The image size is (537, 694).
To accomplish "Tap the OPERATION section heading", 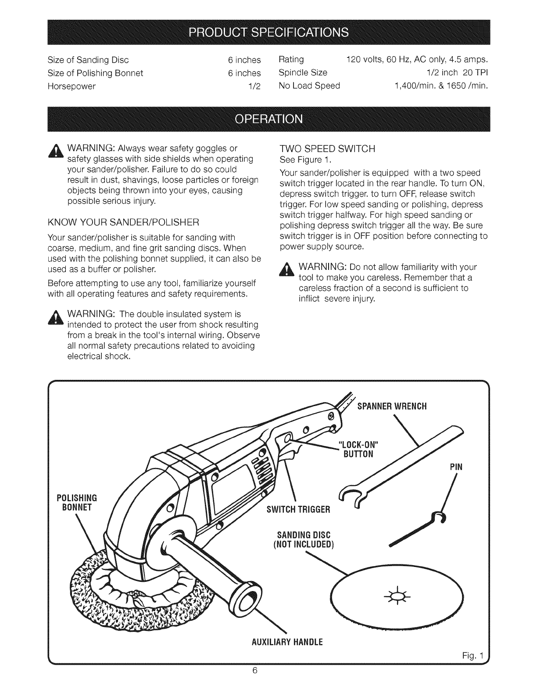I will (268, 120).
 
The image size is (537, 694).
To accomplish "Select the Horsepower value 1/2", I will (254, 86).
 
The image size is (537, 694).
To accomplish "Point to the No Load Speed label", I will (309, 86).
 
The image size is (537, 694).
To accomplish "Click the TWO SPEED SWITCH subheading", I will (327, 149).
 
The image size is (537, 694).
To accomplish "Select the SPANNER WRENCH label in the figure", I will (392, 406).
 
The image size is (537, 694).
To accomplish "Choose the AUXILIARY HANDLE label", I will (288, 642).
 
